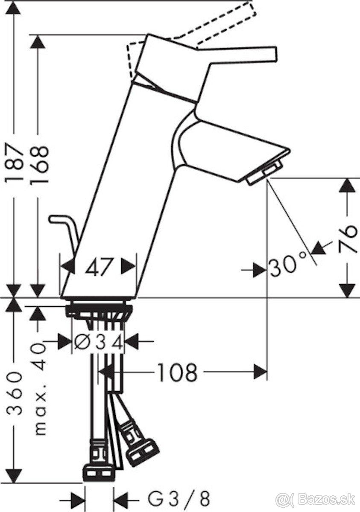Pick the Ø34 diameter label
coord(98,341)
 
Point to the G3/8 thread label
coord(179,498)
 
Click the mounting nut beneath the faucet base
coord(98,309)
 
